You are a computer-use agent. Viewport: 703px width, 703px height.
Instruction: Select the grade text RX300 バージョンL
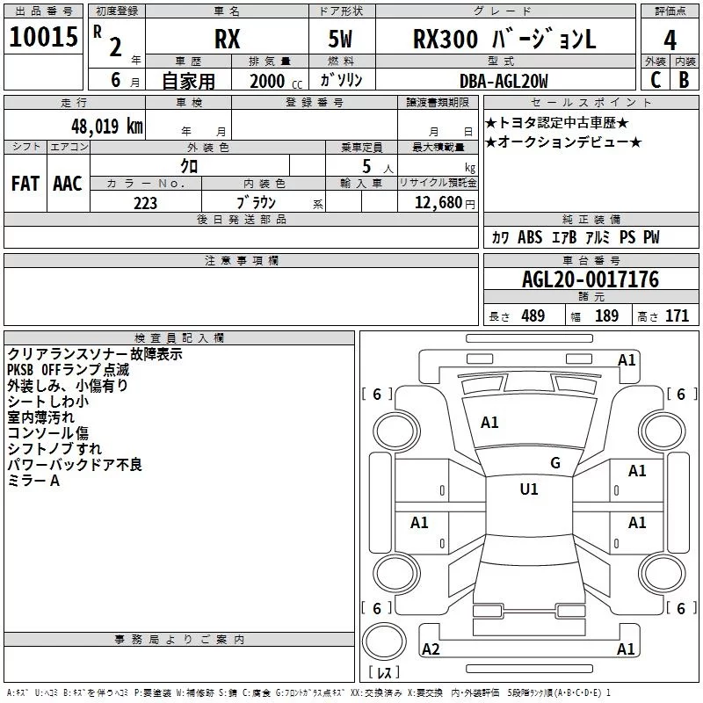click(504, 40)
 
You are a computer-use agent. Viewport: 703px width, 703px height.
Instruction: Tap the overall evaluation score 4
click(670, 40)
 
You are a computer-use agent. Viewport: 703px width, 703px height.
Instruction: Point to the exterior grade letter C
click(655, 79)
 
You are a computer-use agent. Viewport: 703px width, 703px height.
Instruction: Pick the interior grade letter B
click(684, 79)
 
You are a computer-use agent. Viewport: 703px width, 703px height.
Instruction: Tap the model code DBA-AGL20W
click(504, 81)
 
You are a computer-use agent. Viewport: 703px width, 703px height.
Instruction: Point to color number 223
click(145, 203)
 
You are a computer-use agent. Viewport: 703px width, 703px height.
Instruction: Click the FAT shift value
click(25, 183)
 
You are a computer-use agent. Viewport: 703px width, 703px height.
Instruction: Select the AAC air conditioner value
click(67, 183)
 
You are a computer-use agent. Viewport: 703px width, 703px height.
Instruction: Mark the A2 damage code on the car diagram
click(431, 649)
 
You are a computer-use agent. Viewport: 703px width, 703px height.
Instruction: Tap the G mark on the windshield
click(554, 462)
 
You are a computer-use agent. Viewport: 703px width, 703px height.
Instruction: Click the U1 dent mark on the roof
click(529, 489)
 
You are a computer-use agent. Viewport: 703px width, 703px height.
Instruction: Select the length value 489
click(533, 316)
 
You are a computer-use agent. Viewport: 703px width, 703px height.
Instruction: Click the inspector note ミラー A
click(33, 481)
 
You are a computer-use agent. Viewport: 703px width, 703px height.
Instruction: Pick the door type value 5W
click(341, 40)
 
